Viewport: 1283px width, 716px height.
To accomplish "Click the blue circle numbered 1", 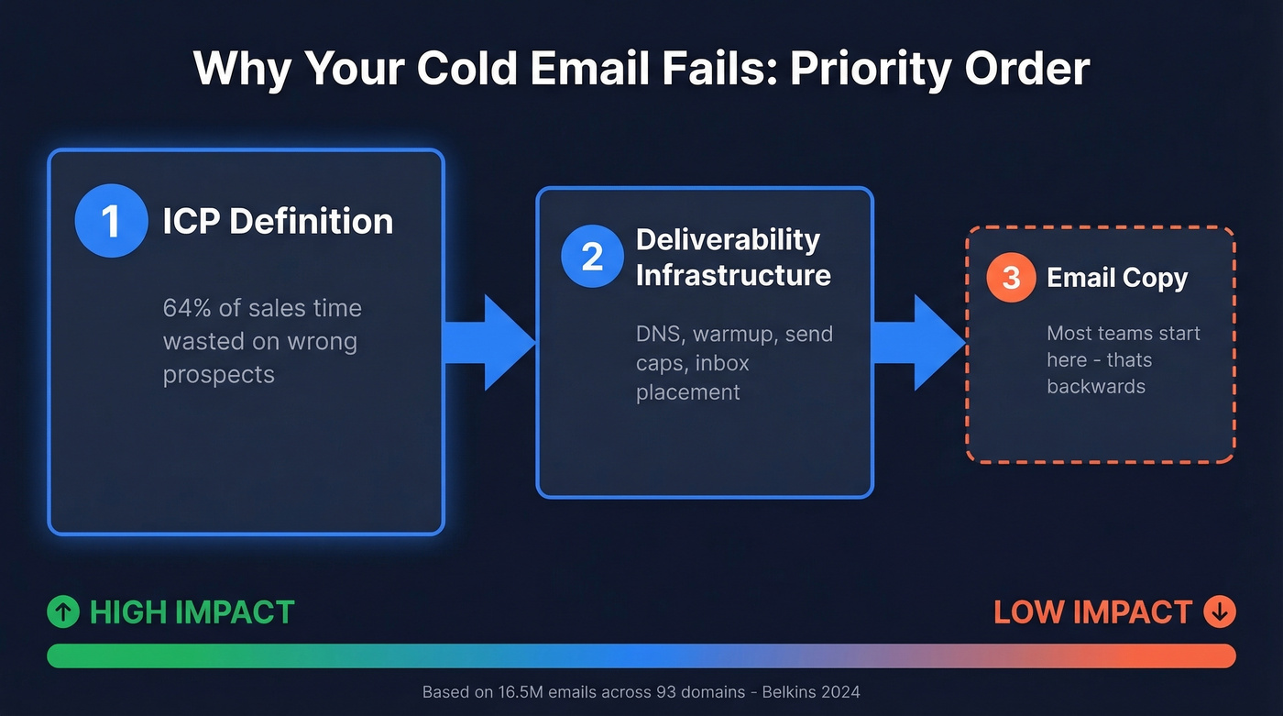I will click(x=111, y=221).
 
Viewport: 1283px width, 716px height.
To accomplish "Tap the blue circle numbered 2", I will click(x=592, y=257).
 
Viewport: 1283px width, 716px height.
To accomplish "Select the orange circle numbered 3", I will click(x=1011, y=277).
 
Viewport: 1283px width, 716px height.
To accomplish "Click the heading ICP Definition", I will click(x=278, y=221).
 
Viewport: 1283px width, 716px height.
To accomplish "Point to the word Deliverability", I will click(x=728, y=239).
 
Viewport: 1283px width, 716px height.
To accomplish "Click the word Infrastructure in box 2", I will click(x=733, y=275).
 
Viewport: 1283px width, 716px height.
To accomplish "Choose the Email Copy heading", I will click(x=1117, y=278).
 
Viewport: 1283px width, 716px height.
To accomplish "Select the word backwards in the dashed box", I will click(x=1096, y=386).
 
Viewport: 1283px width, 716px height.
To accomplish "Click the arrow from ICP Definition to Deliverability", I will click(x=489, y=342).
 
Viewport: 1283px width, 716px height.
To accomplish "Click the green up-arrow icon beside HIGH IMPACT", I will click(x=63, y=612).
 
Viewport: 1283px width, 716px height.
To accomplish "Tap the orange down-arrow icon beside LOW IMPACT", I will click(x=1220, y=611).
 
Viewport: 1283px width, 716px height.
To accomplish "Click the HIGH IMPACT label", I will click(x=192, y=612).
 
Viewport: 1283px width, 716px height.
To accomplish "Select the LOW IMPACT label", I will click(x=1092, y=612).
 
